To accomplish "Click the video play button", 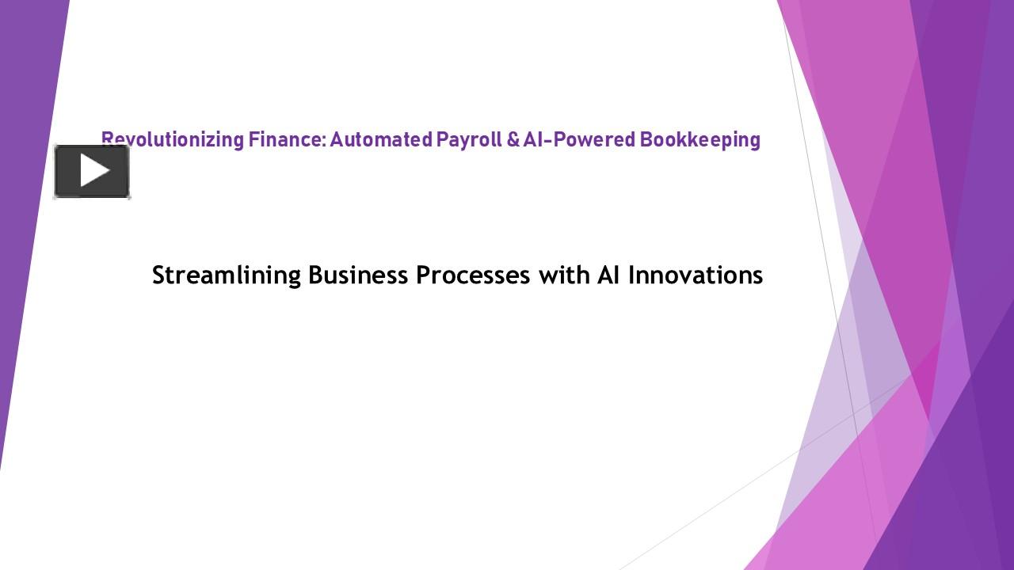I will point(92,171).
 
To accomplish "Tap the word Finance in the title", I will point(285,139).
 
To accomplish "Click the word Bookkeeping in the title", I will point(700,139).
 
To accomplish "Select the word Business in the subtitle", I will point(358,275).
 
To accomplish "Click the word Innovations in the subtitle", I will point(695,275).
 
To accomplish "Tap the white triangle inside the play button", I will point(94,171).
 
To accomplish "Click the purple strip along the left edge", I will point(24,237).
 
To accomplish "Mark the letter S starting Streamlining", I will point(158,275).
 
